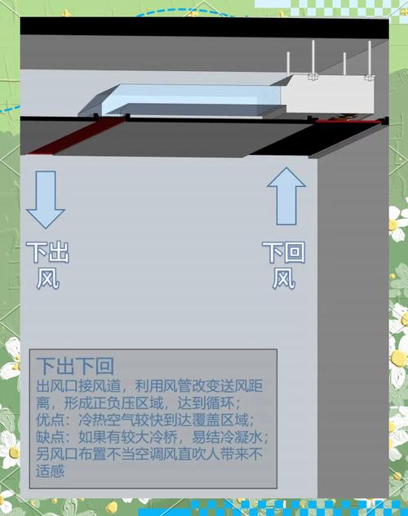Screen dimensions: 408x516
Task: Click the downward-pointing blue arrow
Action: (46, 199)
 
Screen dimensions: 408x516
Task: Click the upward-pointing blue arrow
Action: (286, 197)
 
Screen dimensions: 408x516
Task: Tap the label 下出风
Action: (47, 265)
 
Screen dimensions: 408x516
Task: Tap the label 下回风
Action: (284, 265)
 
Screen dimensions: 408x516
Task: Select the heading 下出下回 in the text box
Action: (75, 366)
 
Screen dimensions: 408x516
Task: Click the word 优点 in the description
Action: (51, 420)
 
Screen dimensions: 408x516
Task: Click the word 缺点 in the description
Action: (51, 437)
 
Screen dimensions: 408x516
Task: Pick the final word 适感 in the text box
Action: (51, 471)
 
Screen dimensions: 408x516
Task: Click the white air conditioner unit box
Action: (329, 95)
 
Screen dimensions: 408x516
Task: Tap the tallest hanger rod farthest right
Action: (370, 60)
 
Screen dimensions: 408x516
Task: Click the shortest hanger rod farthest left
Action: (288, 64)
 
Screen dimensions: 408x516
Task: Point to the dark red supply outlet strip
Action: (76, 135)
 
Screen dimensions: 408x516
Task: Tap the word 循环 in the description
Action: (220, 403)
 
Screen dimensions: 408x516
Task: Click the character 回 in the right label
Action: (295, 252)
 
